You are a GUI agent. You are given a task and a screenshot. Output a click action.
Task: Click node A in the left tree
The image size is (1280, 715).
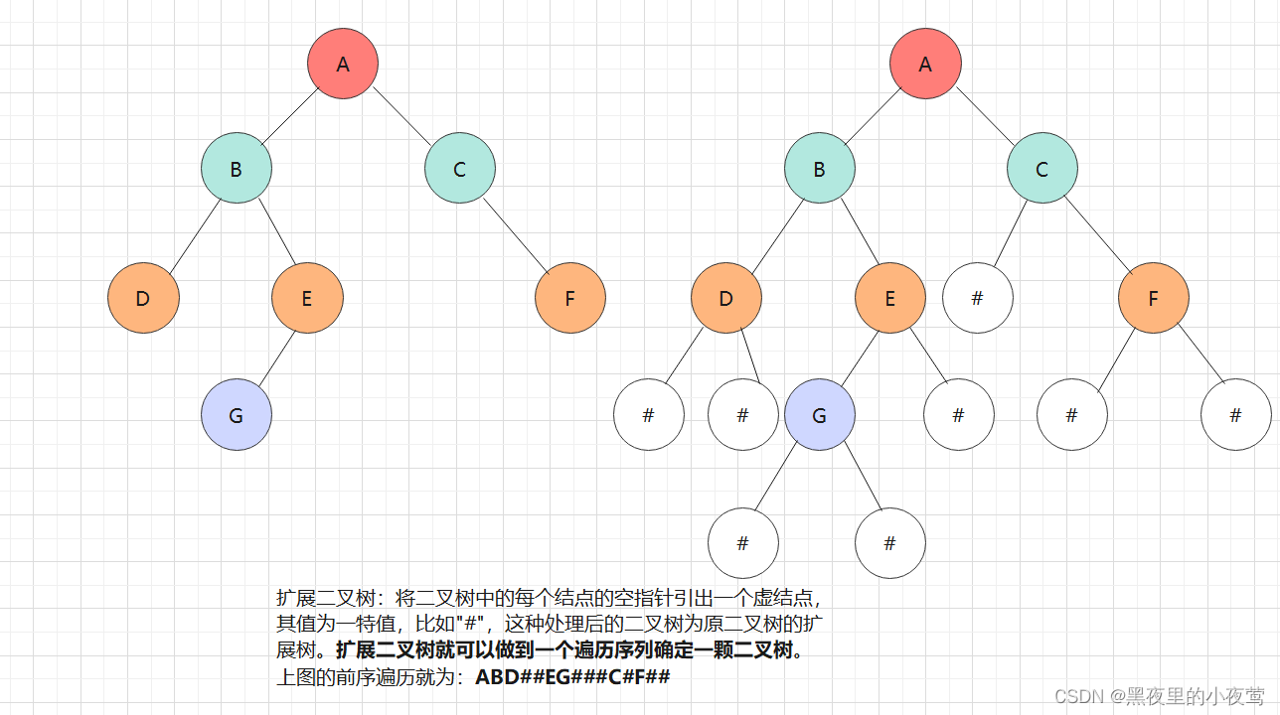(x=343, y=64)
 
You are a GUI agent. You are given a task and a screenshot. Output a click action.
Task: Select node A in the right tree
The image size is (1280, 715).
(x=925, y=64)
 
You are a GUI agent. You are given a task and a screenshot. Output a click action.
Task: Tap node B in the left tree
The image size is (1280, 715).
(x=237, y=169)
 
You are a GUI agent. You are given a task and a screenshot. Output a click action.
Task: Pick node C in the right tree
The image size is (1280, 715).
(x=1041, y=169)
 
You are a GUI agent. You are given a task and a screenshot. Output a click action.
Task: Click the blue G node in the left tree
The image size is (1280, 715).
(x=237, y=415)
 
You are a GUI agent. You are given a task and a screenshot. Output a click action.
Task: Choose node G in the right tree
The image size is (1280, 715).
(x=819, y=415)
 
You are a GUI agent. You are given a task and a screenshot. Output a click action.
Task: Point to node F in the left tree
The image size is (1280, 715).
(x=569, y=297)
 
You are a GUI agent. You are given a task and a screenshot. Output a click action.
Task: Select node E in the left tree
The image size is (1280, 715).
(x=307, y=297)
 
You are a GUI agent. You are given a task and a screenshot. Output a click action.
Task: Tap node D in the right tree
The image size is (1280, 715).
(x=726, y=297)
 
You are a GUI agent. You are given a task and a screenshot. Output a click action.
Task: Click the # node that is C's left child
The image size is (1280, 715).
(x=978, y=297)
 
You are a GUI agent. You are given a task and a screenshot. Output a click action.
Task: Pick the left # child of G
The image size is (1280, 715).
(x=743, y=543)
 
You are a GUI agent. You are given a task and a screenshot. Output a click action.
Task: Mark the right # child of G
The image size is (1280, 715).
(x=890, y=543)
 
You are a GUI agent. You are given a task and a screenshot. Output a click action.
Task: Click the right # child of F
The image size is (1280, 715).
(x=1235, y=415)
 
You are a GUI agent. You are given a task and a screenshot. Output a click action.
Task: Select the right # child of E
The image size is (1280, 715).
(x=958, y=415)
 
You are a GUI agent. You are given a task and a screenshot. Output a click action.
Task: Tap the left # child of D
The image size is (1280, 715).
(x=649, y=415)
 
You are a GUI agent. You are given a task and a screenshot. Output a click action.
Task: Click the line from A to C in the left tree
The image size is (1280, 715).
(x=401, y=116)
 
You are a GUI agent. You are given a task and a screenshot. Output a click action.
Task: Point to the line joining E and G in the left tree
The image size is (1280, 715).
(x=278, y=360)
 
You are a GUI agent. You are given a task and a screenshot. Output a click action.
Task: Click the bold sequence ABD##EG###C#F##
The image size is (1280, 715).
(x=573, y=678)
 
